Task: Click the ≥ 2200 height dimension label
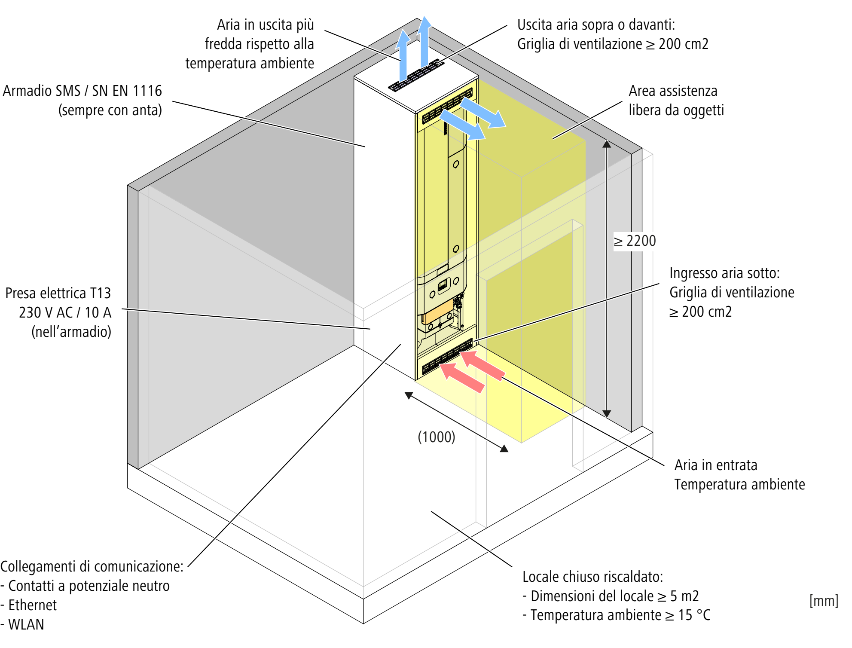coord(635,241)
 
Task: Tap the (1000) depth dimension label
coord(436,437)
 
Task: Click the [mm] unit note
coord(824,600)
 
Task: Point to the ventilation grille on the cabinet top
coord(416,76)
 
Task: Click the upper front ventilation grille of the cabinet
coord(447,106)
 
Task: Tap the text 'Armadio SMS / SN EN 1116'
coord(82,91)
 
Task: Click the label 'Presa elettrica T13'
coord(58,293)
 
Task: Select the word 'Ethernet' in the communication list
coord(32,605)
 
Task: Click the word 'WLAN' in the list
coord(26,624)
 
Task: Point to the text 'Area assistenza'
coord(673,91)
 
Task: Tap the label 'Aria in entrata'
coord(715,465)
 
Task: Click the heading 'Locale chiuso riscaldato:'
coord(592,577)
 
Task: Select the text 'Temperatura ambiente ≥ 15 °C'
coord(620,615)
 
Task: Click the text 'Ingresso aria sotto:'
coord(724,273)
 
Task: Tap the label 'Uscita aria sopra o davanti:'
coord(596,25)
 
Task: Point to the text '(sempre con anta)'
coord(110,110)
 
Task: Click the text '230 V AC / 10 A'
coord(65,312)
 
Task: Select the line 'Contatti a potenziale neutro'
coord(89,586)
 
